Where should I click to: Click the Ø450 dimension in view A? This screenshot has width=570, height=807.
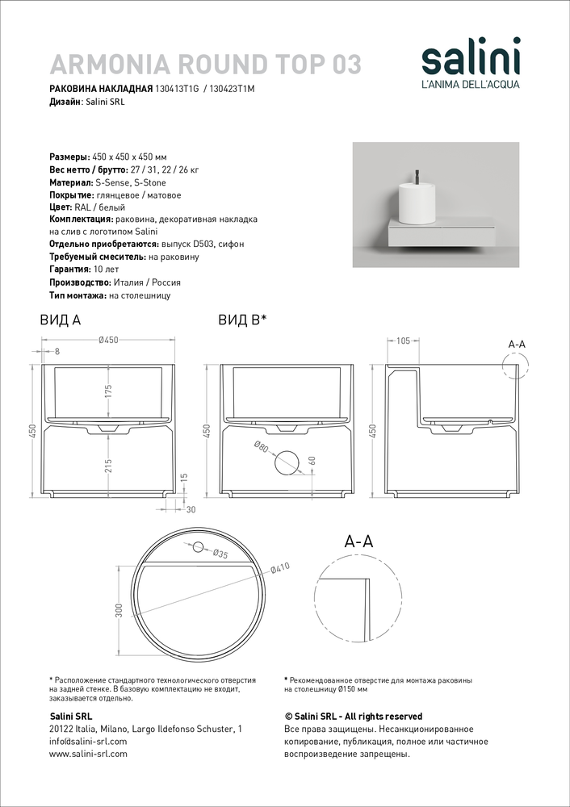tap(108, 340)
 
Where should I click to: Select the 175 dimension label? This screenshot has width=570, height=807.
tap(108, 392)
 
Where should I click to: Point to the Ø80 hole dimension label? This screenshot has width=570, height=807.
tap(261, 449)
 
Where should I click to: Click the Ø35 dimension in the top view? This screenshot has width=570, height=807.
tap(219, 554)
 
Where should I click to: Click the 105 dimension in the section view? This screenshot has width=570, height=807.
tap(403, 340)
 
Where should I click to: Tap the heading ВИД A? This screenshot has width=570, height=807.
tap(60, 320)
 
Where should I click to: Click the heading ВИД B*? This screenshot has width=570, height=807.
tap(242, 320)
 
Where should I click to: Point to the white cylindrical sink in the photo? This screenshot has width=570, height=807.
tap(419, 202)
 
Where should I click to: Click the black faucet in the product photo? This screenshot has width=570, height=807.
tap(418, 175)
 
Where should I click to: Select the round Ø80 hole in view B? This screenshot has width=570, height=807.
tap(286, 462)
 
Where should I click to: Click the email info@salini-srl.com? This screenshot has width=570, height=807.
tap(88, 741)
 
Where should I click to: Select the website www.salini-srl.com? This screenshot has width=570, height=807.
tap(88, 754)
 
